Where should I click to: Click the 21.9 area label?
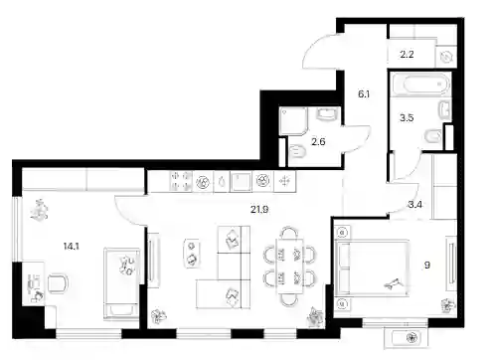[259, 210]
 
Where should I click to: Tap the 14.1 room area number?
[71, 247]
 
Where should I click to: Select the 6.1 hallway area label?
[364, 94]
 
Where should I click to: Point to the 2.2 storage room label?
[407, 54]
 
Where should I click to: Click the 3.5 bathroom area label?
[407, 117]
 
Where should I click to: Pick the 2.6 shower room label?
[318, 142]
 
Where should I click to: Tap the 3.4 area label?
[414, 205]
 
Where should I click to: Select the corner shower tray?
[293, 121]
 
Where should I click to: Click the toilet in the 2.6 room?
[296, 153]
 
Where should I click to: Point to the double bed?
[372, 268]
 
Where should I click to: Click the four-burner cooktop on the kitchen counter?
[181, 181]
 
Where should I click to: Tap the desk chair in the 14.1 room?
[58, 283]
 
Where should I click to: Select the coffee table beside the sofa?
[192, 253]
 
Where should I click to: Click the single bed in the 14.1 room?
[121, 284]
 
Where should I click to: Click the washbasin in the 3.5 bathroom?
[445, 109]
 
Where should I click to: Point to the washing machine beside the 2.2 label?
[446, 58]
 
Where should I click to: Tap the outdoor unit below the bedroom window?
[407, 338]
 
